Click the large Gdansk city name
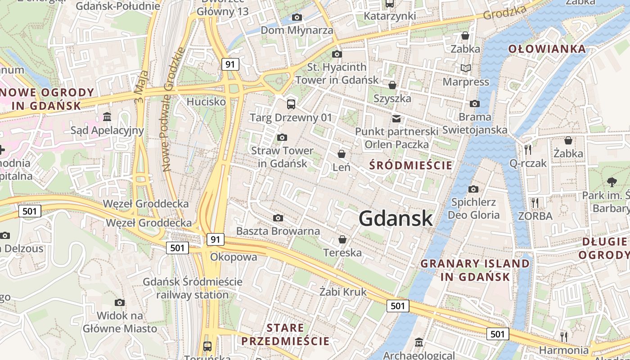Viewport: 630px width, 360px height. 396,219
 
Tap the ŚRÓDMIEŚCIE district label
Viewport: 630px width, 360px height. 410,166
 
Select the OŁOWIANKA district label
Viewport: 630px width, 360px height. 547,49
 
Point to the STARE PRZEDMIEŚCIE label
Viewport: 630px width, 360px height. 285,334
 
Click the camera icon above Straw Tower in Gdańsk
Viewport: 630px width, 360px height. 282,137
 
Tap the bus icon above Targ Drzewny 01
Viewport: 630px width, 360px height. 291,104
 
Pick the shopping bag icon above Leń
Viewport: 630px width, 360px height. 342,154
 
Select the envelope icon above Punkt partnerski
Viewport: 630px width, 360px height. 396,119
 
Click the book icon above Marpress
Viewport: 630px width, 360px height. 466,68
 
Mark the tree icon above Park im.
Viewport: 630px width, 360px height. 612,182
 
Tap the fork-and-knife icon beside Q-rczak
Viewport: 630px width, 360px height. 528,149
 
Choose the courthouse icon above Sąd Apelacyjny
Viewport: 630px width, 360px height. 107,117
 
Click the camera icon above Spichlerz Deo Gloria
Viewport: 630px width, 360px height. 473,189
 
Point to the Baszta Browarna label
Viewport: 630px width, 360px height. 278,231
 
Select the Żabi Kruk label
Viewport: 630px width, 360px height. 343,292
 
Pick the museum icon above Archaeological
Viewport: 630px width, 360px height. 419,342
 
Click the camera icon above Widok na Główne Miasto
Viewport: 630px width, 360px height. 120,302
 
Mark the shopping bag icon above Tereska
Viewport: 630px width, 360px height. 342,239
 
